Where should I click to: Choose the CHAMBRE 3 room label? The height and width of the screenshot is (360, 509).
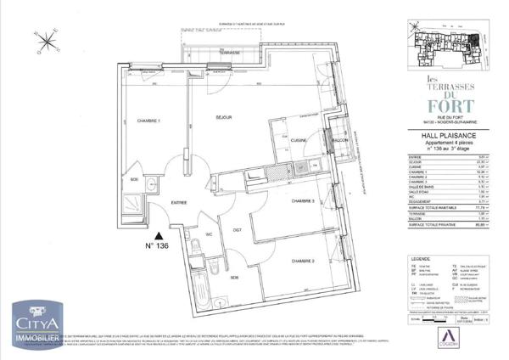tap(304, 201)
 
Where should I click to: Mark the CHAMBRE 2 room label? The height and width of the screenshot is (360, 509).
tap(304, 260)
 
